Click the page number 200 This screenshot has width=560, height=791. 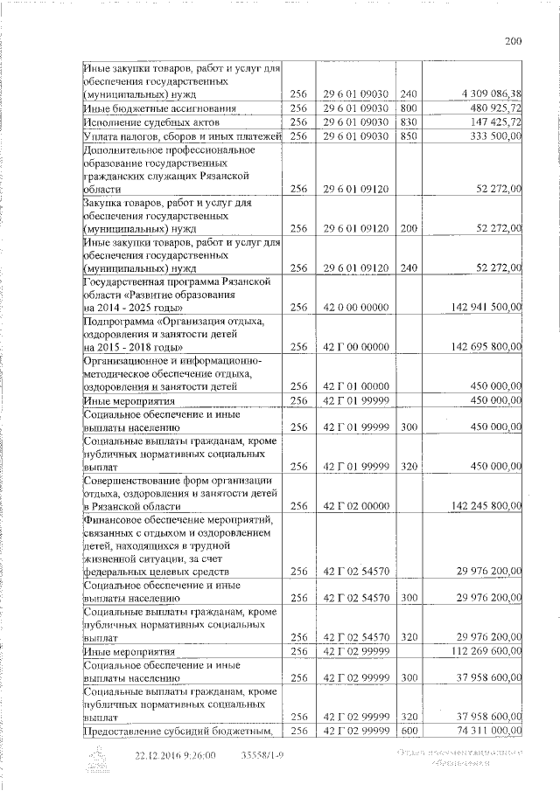(x=513, y=41)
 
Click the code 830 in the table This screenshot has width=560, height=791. (x=409, y=122)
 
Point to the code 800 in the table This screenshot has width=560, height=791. (x=409, y=108)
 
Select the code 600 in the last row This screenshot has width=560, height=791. (x=409, y=731)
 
